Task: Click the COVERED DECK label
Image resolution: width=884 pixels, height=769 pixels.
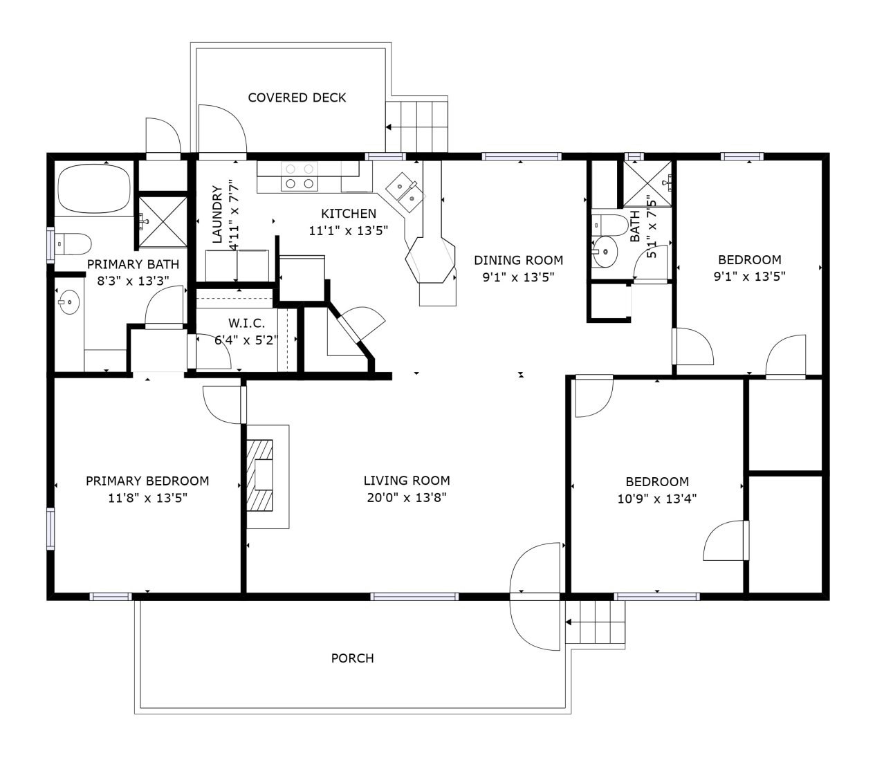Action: tap(297, 98)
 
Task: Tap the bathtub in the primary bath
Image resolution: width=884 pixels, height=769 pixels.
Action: tap(94, 189)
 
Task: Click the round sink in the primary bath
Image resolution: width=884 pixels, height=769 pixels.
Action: tap(69, 302)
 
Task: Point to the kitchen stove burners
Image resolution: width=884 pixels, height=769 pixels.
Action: tap(300, 176)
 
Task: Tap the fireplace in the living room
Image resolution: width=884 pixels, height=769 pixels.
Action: tap(259, 476)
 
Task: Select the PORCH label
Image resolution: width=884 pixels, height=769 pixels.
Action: tap(352, 658)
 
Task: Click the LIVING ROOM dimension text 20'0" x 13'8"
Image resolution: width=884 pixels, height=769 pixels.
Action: tap(407, 498)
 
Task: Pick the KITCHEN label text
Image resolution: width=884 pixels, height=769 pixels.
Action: tap(349, 214)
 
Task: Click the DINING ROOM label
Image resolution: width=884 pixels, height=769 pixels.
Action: tap(519, 260)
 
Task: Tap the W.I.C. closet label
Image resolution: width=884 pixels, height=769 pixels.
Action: tap(246, 323)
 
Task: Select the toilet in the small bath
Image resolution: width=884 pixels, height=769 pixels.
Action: tap(610, 225)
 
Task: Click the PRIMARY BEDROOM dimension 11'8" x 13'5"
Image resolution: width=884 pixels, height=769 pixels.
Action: tap(147, 498)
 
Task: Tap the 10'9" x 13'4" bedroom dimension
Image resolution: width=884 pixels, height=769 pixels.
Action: tap(656, 499)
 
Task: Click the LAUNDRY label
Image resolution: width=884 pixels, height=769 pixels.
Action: tap(217, 214)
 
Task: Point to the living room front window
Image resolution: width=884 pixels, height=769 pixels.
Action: tap(414, 597)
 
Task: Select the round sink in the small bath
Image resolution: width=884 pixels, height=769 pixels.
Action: tap(605, 252)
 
